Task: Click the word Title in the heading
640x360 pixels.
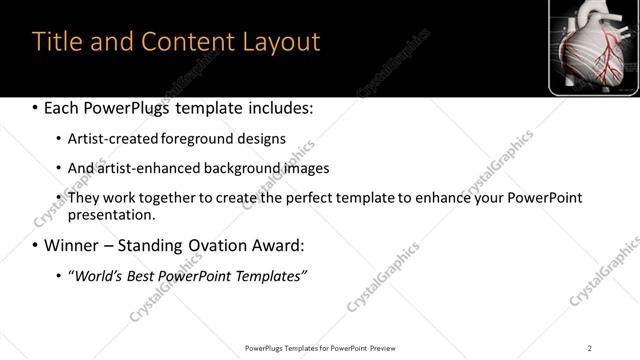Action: (57, 42)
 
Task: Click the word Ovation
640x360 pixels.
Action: (222, 245)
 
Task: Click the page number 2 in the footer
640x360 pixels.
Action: (590, 348)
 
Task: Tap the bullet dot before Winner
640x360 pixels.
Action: (36, 245)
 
